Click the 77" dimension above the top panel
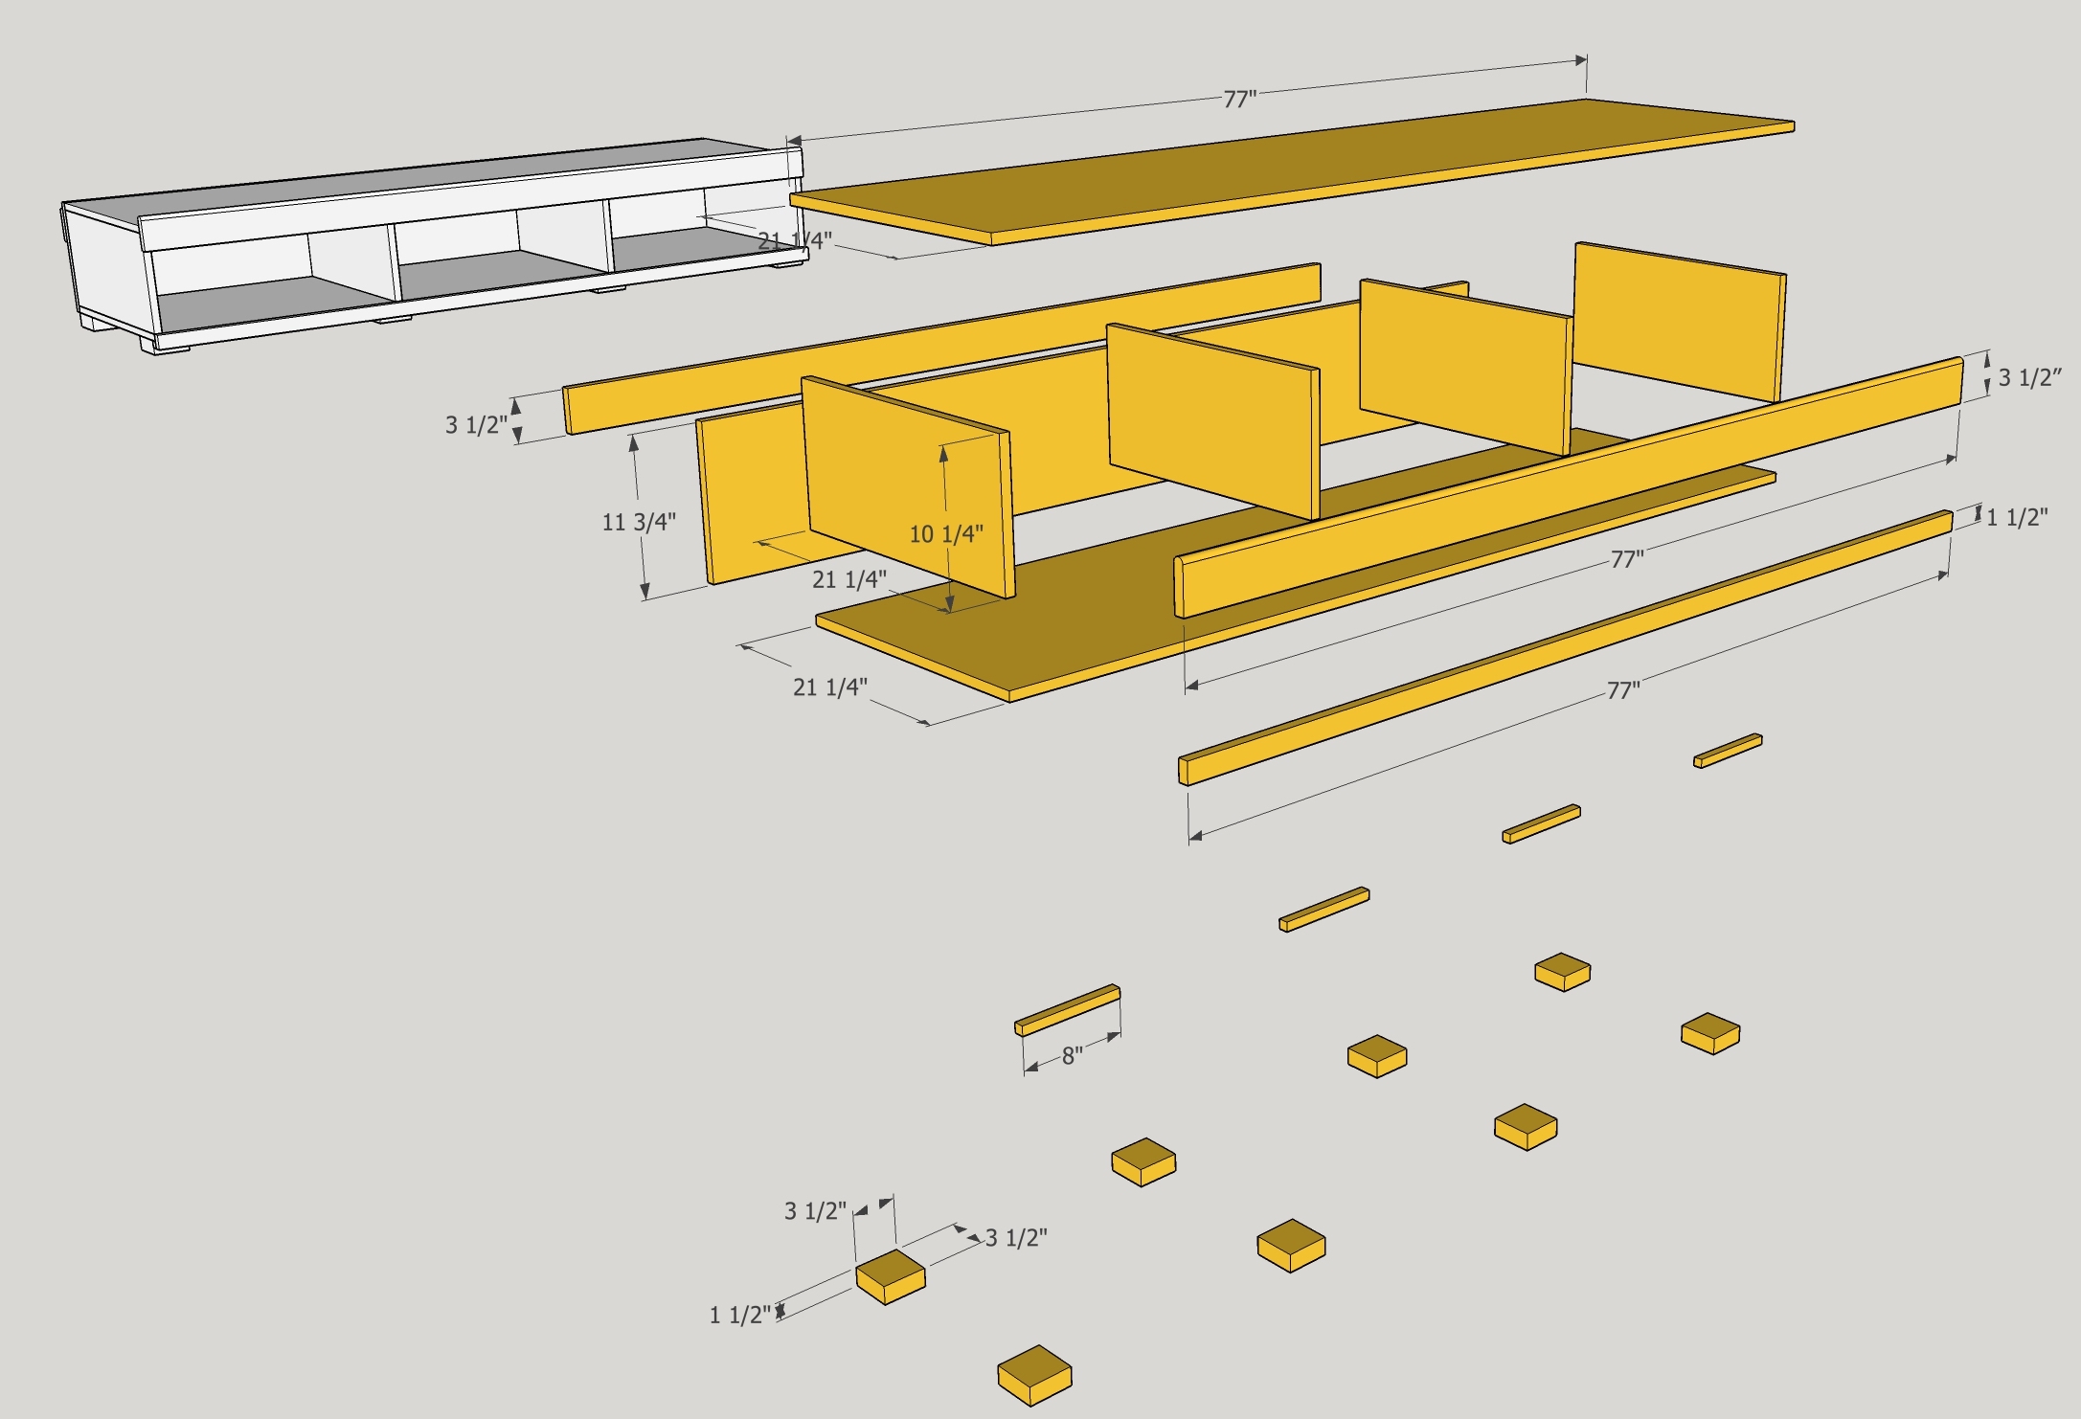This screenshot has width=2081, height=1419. point(1239,100)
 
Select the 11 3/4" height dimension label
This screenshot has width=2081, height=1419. point(638,522)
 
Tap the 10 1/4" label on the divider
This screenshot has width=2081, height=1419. point(945,534)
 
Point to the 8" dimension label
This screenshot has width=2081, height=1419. point(1072,1056)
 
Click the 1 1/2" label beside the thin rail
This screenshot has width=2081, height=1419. point(2016,518)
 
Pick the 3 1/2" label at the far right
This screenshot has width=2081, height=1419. point(2028,377)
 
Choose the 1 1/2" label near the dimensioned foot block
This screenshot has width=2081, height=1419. point(739,1316)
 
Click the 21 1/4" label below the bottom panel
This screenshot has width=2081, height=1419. point(829,687)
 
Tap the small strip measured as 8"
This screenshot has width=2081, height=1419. point(1067,1009)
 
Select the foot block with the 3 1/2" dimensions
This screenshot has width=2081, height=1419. point(890,1275)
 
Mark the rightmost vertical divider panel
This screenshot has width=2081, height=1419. point(1681,321)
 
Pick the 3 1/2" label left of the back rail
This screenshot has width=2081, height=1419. point(475,424)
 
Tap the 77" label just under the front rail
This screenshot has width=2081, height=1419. point(1626,559)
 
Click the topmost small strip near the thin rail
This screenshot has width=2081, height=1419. point(1728,750)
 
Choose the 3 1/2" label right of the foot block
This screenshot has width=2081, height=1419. point(1016,1238)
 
